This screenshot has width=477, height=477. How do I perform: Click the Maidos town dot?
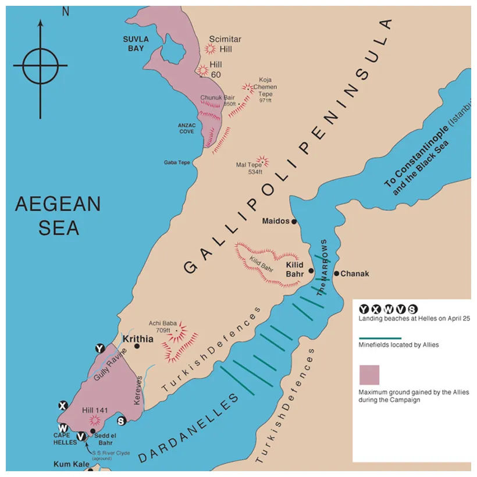pos(294,222)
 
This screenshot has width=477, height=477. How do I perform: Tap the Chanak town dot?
pos(337,273)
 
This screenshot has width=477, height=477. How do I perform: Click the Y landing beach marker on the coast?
pos(100,348)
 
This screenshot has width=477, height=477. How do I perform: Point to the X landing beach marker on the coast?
pos(63,405)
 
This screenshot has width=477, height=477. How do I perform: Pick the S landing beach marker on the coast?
pos(121,421)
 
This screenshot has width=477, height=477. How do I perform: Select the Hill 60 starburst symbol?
pos(203,70)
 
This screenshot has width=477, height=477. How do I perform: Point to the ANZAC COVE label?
pos(187,128)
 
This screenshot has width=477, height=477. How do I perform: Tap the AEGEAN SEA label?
pos(58,215)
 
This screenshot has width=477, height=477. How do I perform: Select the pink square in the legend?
pos(369,375)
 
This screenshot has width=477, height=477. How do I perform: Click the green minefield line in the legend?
pos(380,338)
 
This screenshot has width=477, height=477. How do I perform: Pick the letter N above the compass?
pos(65,11)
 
